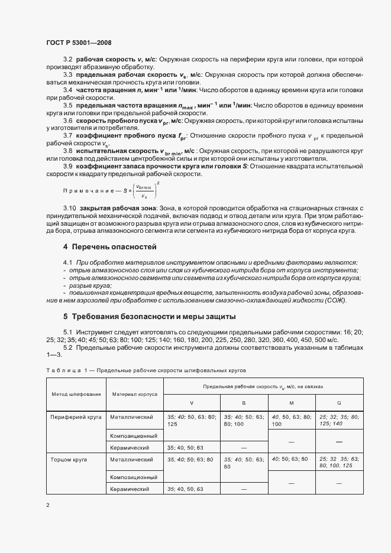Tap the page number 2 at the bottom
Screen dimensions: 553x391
pyautogui.click(x=47, y=505)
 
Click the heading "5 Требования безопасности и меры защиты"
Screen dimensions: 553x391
pyautogui.click(x=150, y=315)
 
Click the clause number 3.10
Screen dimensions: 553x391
pyautogui.click(x=69, y=209)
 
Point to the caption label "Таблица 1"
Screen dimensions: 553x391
pyautogui.click(x=66, y=370)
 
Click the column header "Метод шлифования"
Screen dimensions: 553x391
pyautogui.click(x=76, y=393)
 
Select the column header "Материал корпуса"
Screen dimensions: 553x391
pyautogui.click(x=134, y=393)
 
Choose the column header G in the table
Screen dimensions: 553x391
pyautogui.click(x=339, y=402)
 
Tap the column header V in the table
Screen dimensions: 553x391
pyautogui.click(x=191, y=402)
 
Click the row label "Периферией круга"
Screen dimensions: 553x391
pyautogui.click(x=76, y=417)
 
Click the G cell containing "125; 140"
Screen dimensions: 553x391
pyautogui.click(x=338, y=420)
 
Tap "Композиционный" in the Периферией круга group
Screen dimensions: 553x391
pyautogui.click(x=134, y=435)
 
